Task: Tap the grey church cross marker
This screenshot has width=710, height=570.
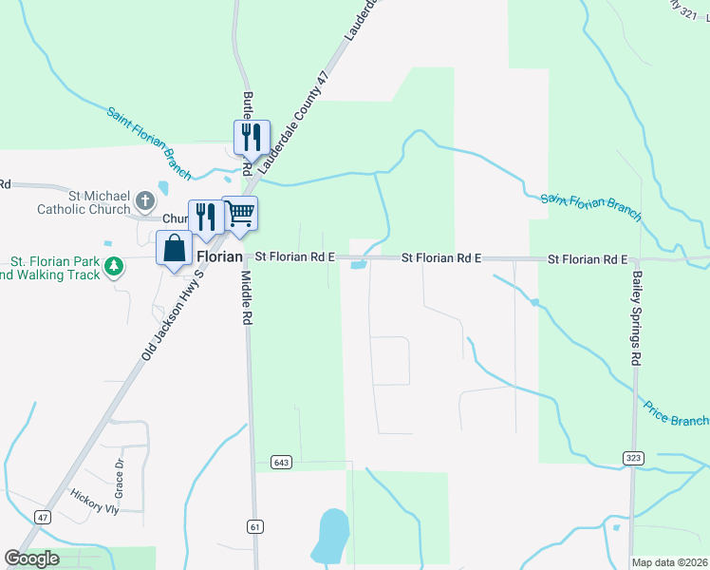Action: [x=144, y=200]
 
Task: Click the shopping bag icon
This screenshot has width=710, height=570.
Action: [x=175, y=249]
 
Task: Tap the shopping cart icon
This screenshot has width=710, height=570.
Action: [x=239, y=214]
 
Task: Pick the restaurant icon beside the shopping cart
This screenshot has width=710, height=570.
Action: [x=206, y=217]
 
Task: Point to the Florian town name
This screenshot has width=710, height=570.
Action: [x=220, y=256]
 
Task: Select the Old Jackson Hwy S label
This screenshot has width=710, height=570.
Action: [x=173, y=313]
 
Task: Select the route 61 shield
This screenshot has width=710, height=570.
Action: [x=254, y=526]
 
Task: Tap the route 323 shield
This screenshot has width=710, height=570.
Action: [x=633, y=458]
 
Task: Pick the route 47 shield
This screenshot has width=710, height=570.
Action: [x=42, y=516]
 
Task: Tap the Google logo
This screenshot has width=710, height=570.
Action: [x=31, y=559]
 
